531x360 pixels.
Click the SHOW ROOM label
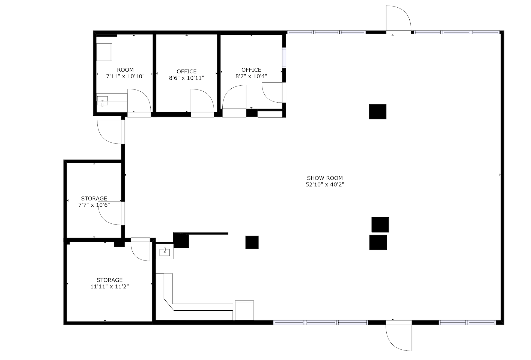325,178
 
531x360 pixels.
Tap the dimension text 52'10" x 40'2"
325,185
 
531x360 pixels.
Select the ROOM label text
125,70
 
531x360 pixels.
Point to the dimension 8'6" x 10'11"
187,78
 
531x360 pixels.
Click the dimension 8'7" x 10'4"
251,76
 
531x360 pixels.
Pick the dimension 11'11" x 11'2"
110,287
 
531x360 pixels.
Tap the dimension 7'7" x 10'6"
94,205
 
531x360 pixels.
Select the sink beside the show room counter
165,251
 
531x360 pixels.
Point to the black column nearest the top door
378,112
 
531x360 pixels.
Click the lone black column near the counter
252,242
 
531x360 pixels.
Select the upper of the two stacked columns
380,225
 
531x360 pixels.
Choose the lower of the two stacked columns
378,242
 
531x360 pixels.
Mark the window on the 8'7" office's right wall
284,58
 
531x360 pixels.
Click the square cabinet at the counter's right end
244,310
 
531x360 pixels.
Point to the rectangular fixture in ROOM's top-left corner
104,52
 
